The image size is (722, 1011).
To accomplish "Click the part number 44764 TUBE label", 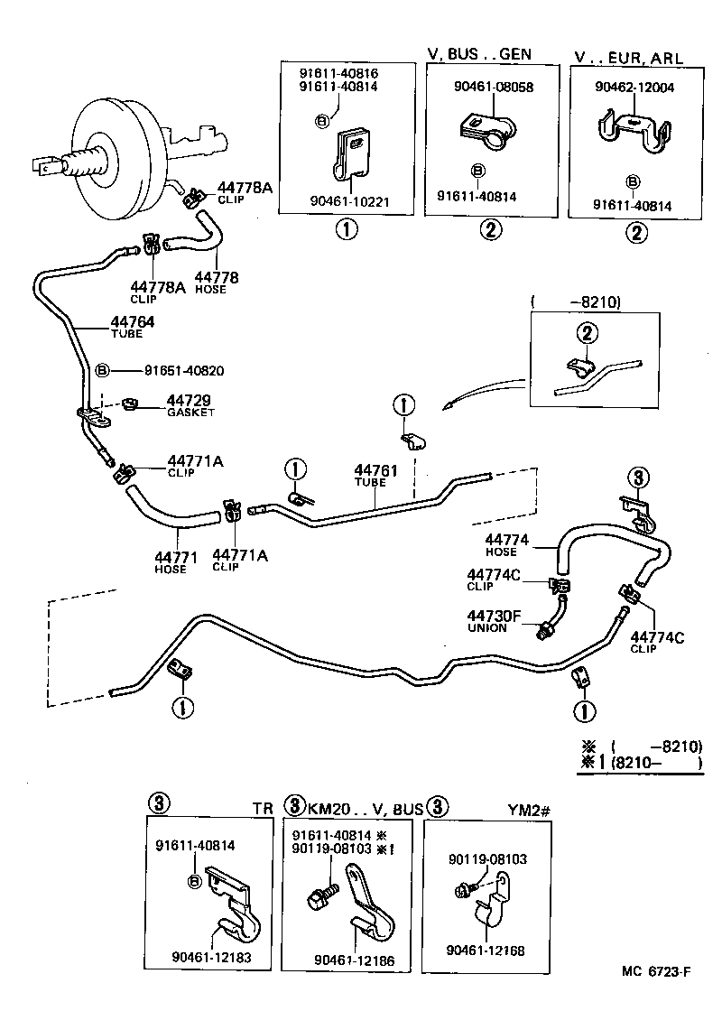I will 133,326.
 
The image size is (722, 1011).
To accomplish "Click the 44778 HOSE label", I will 217,282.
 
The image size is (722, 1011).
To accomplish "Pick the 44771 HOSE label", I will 170,561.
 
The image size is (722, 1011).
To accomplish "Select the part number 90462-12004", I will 634,88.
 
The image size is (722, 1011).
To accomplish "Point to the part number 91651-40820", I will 184,371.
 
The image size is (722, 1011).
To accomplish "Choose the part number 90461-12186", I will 352,960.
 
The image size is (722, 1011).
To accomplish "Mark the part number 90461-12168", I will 486,951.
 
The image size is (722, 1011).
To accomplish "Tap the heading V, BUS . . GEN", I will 478,54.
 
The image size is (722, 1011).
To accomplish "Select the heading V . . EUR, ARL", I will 628,57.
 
